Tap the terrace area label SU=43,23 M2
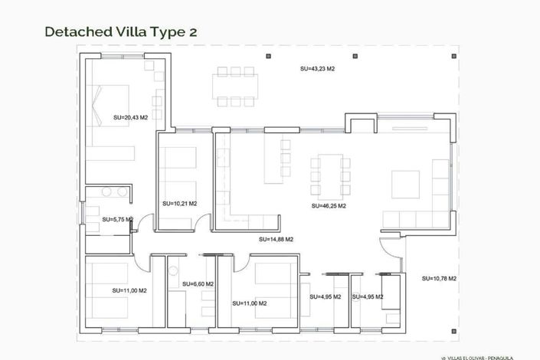[x=317, y=69]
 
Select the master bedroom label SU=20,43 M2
[x=130, y=117]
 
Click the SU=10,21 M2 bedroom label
[x=180, y=204]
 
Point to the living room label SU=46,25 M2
[x=329, y=206]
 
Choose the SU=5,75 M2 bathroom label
[x=118, y=219]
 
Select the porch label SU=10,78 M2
[x=439, y=278]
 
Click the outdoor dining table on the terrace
[x=236, y=86]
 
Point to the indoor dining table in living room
[x=330, y=175]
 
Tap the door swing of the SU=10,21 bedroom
[x=202, y=224]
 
